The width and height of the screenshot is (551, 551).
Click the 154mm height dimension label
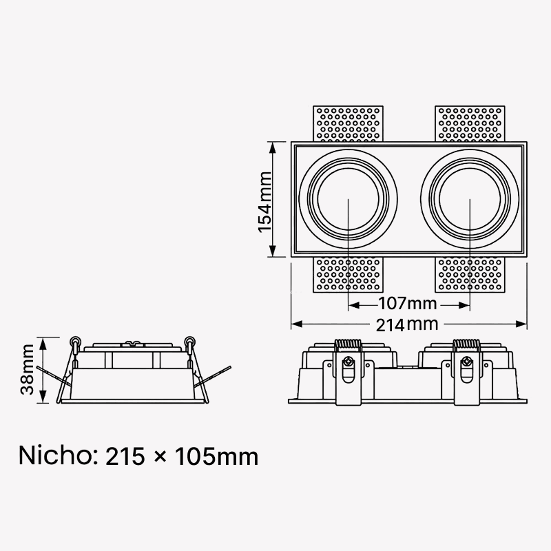point(265,202)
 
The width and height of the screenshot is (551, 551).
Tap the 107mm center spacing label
point(408,303)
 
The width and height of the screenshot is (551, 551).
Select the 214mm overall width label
point(407,324)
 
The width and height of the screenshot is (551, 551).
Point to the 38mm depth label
point(27,369)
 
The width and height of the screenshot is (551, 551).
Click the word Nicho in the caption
point(56,456)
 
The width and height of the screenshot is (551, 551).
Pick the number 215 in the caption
point(125,457)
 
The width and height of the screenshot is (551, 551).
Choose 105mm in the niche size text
point(217,457)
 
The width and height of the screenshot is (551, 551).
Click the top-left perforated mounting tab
point(348,124)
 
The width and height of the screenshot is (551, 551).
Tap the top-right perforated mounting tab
point(470,124)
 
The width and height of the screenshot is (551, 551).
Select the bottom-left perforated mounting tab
point(348,274)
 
